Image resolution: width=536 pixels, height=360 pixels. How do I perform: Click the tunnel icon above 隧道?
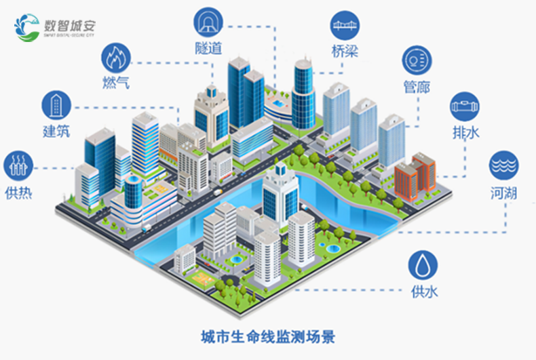[208, 23]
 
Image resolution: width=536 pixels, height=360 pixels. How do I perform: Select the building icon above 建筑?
[56, 104]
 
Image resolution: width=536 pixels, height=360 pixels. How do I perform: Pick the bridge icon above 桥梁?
[345, 26]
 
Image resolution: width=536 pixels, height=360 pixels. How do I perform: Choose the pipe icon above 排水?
[465, 106]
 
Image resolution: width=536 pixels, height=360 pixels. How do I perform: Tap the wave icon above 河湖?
[503, 165]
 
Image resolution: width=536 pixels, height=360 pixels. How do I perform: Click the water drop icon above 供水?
[423, 264]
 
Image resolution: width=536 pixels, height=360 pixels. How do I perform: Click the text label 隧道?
[208, 49]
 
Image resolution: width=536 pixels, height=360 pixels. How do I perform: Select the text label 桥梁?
[345, 52]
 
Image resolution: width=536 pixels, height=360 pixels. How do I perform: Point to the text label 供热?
[18, 192]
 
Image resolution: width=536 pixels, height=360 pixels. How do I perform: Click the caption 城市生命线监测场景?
[268, 337]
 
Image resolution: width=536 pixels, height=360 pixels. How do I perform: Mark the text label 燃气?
[114, 84]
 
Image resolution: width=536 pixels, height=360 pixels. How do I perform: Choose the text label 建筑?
[56, 131]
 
